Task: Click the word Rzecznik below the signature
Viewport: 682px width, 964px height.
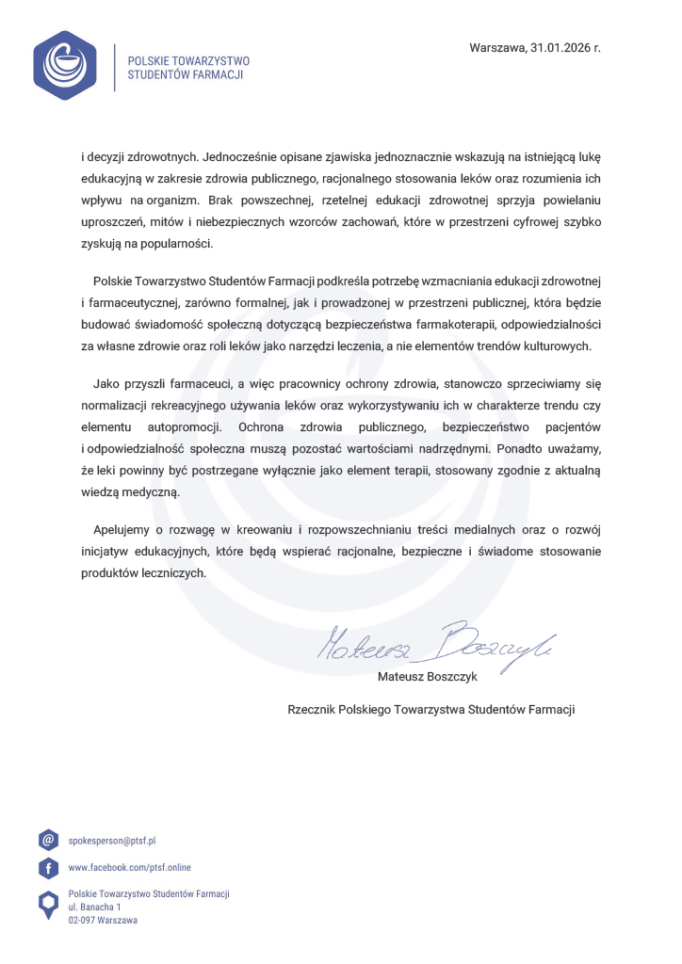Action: point(316,709)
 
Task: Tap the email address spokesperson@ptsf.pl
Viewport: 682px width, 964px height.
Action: point(112,840)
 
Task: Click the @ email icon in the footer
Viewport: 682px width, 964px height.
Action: point(48,840)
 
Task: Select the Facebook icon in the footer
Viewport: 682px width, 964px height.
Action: point(48,867)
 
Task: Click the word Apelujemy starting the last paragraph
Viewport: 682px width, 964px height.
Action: point(123,529)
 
